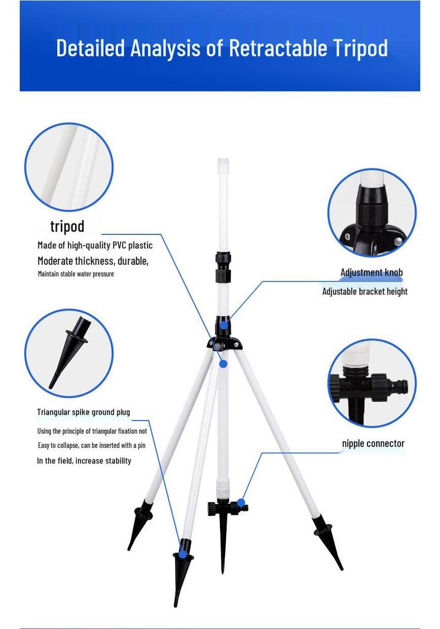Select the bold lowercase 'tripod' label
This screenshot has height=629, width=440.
coord(68,227)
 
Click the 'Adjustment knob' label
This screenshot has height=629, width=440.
coord(371,272)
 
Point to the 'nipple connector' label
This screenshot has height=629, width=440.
coord(373,443)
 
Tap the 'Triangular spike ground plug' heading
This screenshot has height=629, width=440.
coord(84,412)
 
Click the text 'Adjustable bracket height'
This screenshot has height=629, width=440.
coord(364,292)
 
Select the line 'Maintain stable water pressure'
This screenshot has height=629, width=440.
coord(76,274)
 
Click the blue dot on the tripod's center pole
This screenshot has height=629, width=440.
coord(223,364)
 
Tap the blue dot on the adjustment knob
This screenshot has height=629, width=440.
coord(224,324)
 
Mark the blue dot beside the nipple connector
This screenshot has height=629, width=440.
coord(241,502)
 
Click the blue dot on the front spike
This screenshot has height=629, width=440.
coord(183,554)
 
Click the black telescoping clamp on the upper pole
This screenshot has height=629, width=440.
coord(223,267)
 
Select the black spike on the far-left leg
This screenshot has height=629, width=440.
coord(138,523)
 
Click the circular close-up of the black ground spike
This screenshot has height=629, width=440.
coord(69,353)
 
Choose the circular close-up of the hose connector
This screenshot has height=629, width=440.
coord(372,383)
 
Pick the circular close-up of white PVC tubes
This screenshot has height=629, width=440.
coord(69,167)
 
